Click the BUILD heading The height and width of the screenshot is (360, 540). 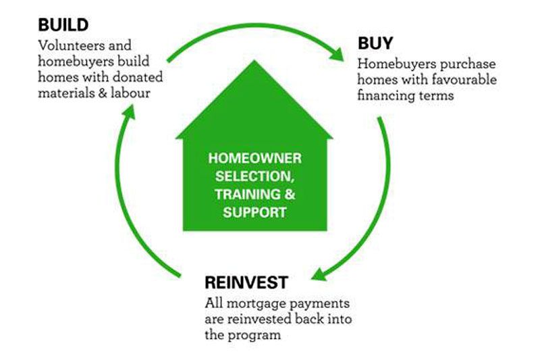[63, 25]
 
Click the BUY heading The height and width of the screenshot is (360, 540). [375, 43]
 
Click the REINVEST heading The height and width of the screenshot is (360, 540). [246, 282]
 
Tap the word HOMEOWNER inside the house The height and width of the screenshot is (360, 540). [255, 159]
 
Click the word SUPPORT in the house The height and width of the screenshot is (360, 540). [255, 212]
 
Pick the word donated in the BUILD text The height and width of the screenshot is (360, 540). [138, 77]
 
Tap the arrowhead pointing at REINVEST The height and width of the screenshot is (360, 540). [319, 275]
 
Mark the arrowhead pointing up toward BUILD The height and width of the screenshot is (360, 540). [128, 112]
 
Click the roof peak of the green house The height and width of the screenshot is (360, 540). [254, 61]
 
